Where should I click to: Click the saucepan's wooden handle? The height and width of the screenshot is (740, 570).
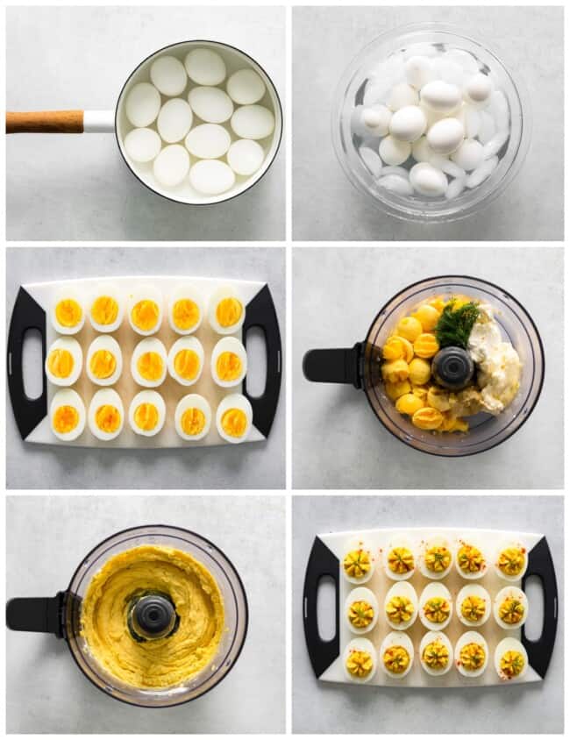point(44,122)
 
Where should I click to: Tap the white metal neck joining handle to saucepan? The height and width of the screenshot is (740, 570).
point(99,122)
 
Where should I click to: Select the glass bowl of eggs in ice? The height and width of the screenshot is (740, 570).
point(429,122)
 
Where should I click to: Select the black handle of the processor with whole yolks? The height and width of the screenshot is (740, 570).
point(331,364)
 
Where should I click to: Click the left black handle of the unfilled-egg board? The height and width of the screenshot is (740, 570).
point(26,363)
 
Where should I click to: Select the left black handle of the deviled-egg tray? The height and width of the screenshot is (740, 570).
point(322,606)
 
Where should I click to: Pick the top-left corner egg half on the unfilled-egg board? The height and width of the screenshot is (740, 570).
point(68,312)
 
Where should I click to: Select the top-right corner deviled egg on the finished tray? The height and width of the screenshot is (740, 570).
point(510,561)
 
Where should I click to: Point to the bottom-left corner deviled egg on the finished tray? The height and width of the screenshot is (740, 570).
point(359,661)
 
